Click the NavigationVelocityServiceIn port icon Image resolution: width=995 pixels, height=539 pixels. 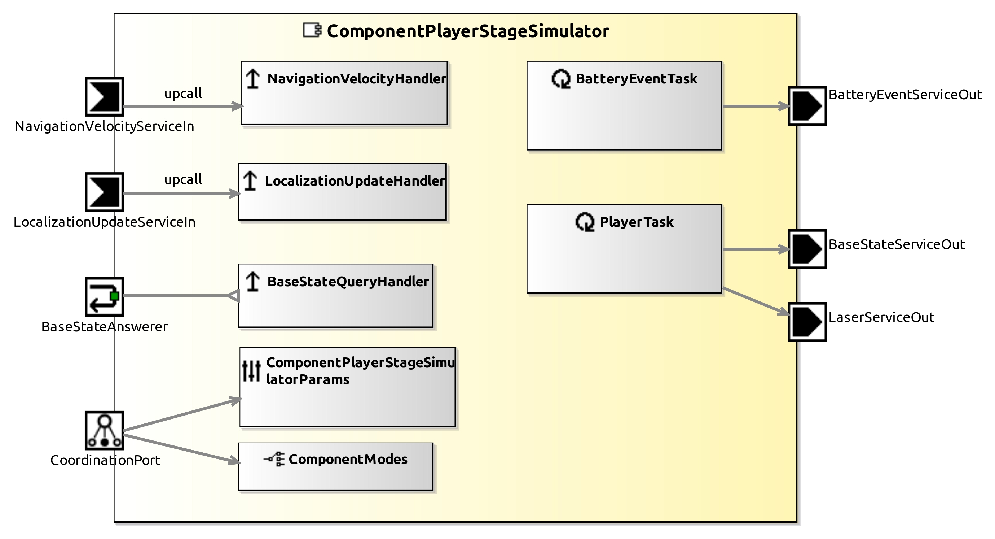(x=104, y=97)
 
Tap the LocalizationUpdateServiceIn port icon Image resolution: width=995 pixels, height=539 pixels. (x=104, y=192)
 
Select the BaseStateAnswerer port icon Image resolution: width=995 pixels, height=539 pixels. (x=104, y=296)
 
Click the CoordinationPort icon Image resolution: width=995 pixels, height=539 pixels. (x=104, y=430)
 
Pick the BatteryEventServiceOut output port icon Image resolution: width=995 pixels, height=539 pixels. (x=807, y=106)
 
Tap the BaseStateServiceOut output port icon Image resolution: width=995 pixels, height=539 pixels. (x=807, y=249)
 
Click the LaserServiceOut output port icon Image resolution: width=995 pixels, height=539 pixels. (x=807, y=322)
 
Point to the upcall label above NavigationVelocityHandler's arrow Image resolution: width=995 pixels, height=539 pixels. (x=183, y=93)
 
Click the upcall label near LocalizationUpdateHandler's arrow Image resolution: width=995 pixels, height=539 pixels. (x=183, y=179)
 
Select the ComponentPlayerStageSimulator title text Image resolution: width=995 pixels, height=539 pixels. (x=468, y=31)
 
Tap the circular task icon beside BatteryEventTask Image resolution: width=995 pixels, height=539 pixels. (x=561, y=79)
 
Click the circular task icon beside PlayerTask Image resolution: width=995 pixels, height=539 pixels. (x=585, y=222)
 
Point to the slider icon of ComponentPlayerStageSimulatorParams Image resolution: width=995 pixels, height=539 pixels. (x=251, y=370)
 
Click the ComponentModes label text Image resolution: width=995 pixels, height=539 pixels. (x=348, y=459)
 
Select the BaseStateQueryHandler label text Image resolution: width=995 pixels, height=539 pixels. (x=348, y=282)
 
